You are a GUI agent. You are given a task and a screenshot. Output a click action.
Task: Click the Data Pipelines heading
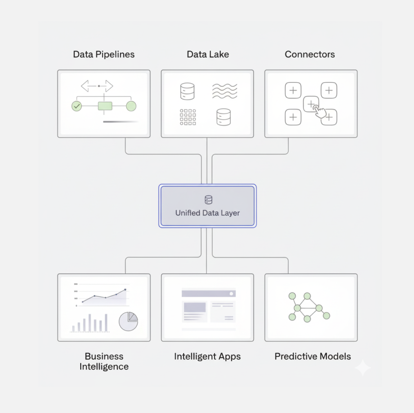103,54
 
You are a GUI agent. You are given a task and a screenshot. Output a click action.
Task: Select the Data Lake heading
207,54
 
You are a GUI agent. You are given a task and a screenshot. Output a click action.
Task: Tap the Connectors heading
310,54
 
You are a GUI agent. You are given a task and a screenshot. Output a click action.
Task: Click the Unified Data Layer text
207,213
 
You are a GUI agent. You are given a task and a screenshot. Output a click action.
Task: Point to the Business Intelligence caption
103,361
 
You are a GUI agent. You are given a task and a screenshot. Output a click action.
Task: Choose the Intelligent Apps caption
207,356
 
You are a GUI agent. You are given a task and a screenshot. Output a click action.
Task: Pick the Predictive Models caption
312,356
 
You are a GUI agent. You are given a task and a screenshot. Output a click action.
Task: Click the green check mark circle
76,106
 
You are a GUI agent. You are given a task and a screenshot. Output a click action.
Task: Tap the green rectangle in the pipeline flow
105,106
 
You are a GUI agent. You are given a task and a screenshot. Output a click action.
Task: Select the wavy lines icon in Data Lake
225,91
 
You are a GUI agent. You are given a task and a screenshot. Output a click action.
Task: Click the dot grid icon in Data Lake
188,117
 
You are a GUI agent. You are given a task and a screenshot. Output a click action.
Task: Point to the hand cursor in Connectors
321,112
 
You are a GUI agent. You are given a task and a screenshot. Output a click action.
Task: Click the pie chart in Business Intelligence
128,321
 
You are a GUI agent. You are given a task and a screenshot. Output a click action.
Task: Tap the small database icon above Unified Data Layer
208,200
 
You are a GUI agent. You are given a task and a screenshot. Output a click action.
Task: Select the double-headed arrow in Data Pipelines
97,86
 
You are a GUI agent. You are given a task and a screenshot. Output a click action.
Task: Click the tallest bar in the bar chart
106,322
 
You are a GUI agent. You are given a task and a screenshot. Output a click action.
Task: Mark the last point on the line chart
125,289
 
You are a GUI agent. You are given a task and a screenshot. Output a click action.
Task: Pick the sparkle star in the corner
363,367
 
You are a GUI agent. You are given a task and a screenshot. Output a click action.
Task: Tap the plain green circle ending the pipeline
131,106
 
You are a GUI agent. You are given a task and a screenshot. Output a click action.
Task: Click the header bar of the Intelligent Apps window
208,293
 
